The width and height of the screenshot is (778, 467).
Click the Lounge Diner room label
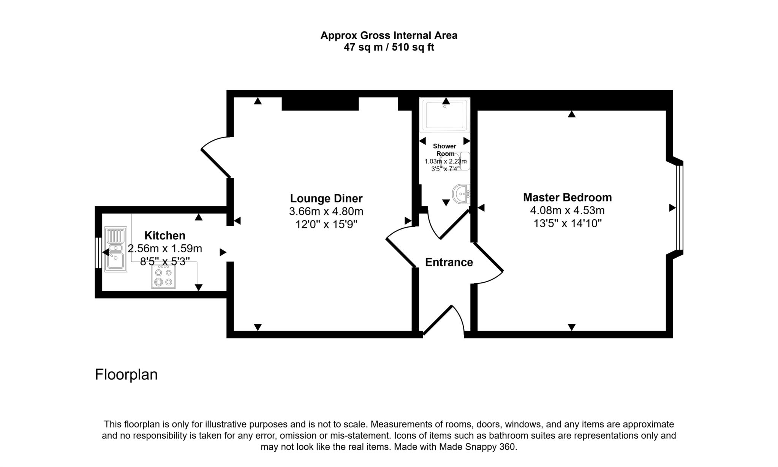tap(326, 198)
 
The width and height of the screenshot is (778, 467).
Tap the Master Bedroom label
tap(568, 198)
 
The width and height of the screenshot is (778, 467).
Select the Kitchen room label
tap(165, 236)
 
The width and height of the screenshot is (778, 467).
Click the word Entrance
tap(449, 262)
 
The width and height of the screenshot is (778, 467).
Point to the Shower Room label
tap(445, 150)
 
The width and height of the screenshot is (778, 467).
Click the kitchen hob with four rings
tap(163, 276)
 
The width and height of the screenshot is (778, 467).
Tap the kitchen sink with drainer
tap(115, 249)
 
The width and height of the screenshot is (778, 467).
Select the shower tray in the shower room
tap(445, 115)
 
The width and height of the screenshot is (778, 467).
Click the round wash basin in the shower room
tap(461, 194)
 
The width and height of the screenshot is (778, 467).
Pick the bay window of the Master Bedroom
tap(679, 207)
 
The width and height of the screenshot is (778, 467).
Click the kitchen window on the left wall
tap(98, 253)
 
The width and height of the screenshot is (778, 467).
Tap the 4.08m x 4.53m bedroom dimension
tap(568, 210)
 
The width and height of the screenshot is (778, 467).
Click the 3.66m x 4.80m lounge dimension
tap(326, 211)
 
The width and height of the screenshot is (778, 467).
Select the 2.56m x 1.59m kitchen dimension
tap(165, 249)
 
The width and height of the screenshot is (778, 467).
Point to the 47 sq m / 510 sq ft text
tap(389, 47)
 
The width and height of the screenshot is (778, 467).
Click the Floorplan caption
tap(126, 375)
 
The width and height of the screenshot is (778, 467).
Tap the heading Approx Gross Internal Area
tap(389, 35)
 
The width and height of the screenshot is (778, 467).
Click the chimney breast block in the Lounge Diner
tap(320, 104)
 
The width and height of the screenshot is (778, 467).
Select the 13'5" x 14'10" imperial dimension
tap(568, 223)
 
